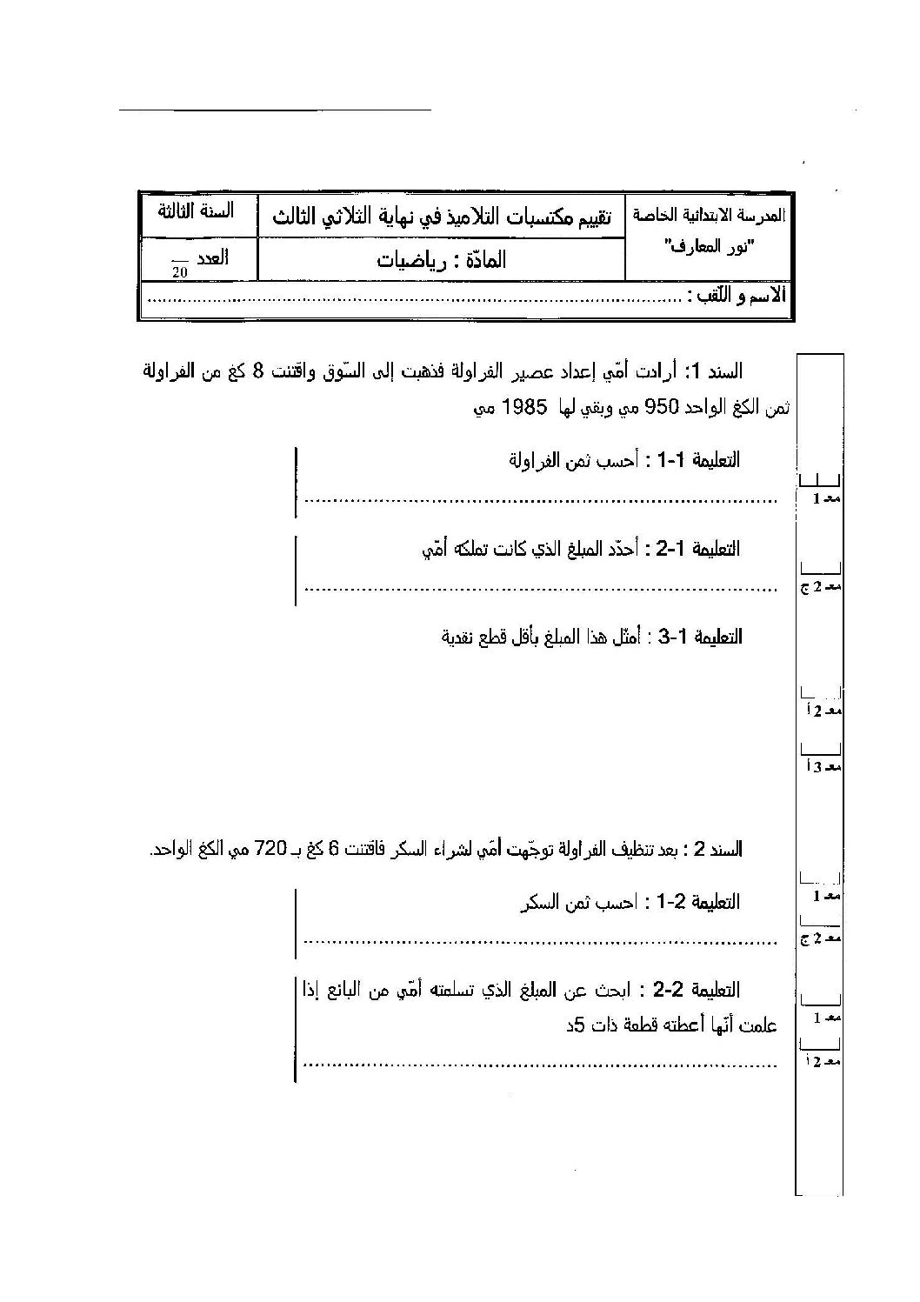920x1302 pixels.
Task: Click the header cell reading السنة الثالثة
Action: (196, 212)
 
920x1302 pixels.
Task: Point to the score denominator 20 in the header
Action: (179, 271)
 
